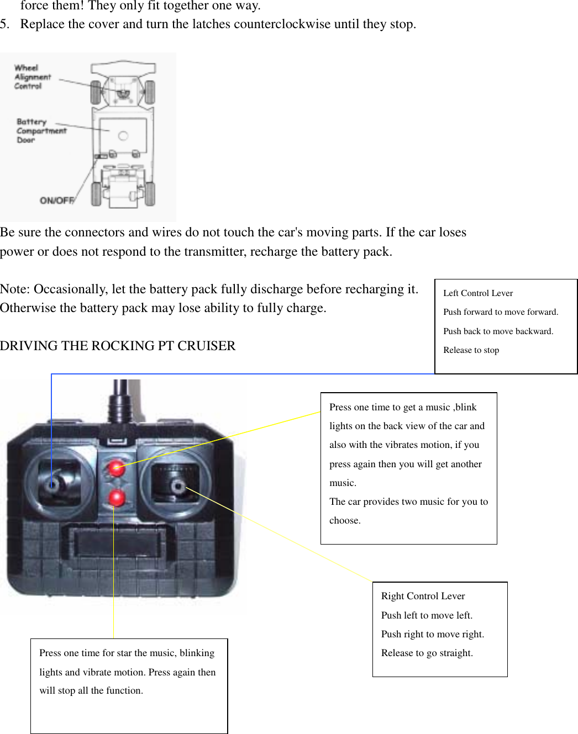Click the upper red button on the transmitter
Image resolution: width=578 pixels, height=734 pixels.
point(116,469)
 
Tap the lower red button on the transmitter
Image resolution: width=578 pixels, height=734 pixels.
point(116,498)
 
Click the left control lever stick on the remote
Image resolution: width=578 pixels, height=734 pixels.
point(53,485)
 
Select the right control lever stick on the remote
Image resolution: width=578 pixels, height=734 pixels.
point(177,487)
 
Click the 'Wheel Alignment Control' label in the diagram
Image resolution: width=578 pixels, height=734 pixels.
point(32,77)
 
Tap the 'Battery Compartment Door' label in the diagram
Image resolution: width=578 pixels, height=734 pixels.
point(40,130)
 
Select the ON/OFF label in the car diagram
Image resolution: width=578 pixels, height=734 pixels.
point(56,200)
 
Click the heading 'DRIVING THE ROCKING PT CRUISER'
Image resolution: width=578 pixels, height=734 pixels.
point(118,346)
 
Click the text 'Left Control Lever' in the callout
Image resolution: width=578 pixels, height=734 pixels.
point(478,293)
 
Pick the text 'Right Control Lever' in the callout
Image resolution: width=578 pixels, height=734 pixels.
point(423,596)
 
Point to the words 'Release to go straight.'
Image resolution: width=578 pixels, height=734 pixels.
point(427,653)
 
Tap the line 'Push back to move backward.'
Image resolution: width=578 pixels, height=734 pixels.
point(498,331)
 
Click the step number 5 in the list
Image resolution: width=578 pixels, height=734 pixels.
point(4,24)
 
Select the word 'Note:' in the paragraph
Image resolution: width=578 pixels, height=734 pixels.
point(15,289)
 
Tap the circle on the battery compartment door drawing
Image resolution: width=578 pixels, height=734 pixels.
point(123,136)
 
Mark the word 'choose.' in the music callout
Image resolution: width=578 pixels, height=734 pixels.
point(345,520)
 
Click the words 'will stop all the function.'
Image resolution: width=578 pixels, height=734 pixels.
point(91,690)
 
